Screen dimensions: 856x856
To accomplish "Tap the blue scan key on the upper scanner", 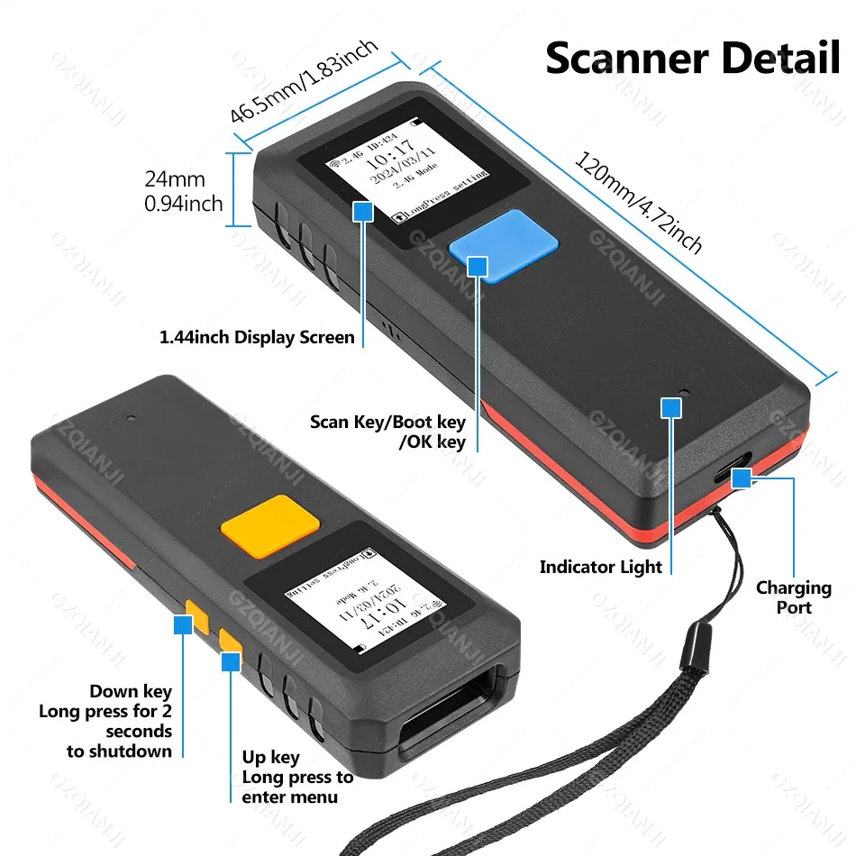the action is pos(503,243).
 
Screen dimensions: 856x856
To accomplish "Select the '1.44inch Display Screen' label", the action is pos(257,338).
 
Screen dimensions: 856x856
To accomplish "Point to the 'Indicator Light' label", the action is pos(601,567).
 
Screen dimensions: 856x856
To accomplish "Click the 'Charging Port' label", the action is pos(794,597).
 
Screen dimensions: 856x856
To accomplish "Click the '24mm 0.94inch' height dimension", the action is pos(183,192).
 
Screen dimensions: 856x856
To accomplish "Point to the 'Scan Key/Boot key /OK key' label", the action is pos(388,432).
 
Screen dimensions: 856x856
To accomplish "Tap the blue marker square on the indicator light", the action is pos(670,408).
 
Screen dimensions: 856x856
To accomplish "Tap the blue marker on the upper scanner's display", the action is pos(362,212).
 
